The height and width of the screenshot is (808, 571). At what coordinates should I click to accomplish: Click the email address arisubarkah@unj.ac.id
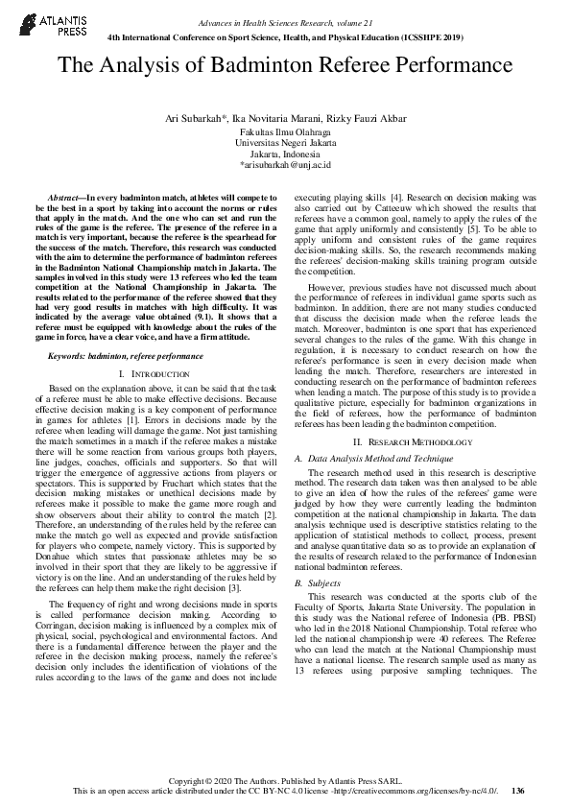(287, 165)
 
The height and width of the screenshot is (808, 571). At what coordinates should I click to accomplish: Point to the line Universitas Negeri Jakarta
(285, 142)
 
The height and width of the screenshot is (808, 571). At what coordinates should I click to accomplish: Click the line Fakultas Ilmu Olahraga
(285, 131)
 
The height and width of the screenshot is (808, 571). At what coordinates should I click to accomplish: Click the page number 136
(518, 791)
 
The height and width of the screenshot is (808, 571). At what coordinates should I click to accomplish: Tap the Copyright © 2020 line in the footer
(285, 779)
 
